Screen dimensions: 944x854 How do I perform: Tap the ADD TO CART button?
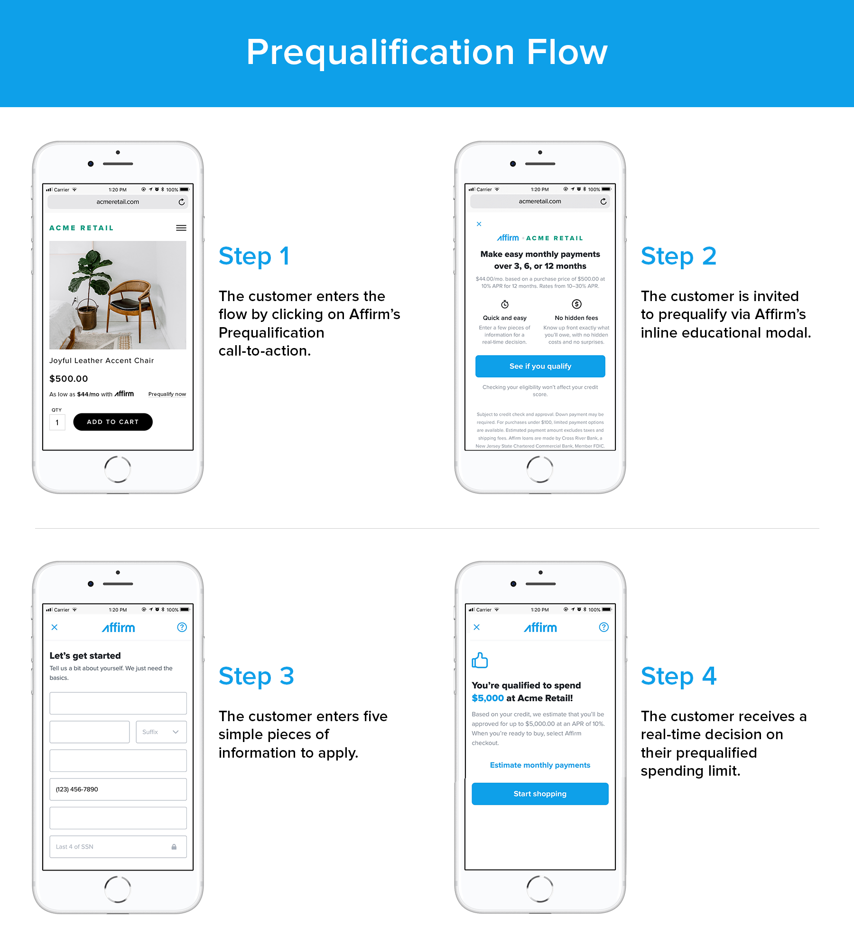point(113,422)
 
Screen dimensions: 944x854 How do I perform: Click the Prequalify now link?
point(167,394)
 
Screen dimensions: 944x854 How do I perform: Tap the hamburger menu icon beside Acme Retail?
point(181,228)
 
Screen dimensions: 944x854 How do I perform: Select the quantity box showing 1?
point(57,422)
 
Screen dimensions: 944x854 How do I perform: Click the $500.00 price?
point(69,379)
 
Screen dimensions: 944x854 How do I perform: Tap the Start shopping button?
point(540,794)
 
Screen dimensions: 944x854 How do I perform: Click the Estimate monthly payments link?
point(540,765)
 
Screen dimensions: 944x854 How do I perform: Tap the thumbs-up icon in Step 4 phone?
point(480,660)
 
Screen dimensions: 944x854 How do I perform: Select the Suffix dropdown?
point(161,732)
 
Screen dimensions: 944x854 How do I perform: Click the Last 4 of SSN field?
point(118,847)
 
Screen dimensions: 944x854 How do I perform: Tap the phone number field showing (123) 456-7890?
point(118,789)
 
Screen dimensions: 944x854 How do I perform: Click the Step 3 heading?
point(256,676)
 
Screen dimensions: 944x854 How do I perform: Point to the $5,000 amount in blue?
point(488,698)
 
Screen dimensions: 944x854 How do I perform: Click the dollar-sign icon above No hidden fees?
point(576,304)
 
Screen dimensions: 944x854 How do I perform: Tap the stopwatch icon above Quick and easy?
point(505,304)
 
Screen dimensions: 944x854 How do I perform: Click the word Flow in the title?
point(567,52)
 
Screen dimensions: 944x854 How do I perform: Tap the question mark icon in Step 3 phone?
point(182,627)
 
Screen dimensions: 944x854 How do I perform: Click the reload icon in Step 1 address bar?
point(182,202)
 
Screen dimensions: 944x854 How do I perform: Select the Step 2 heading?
point(678,256)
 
